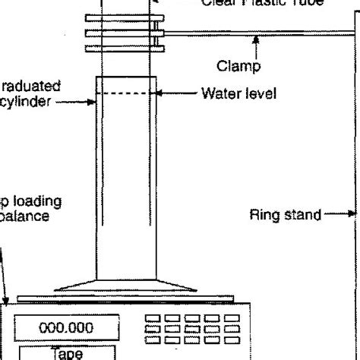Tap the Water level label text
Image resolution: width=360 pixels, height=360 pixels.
[239, 94]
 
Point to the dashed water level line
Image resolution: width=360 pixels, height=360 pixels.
[127, 94]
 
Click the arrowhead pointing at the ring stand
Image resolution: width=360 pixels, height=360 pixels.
[351, 214]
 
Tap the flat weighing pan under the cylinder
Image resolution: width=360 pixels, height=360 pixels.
[127, 296]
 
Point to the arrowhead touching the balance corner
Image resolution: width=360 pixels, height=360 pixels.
[5, 302]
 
